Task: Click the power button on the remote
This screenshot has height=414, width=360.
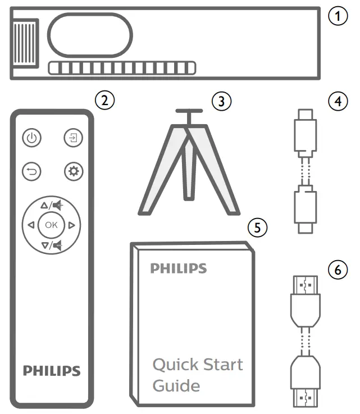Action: tap(32, 138)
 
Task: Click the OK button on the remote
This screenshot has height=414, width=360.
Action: tap(51, 225)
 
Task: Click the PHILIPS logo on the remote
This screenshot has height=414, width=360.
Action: tap(52, 371)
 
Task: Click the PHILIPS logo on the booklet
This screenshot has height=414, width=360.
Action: tap(178, 269)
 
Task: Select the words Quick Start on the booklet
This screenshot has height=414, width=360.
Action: tap(198, 365)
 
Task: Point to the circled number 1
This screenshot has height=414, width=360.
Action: tap(338, 16)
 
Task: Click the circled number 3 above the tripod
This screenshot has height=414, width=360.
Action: tap(221, 101)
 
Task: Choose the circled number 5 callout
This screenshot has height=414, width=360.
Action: tap(257, 226)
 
